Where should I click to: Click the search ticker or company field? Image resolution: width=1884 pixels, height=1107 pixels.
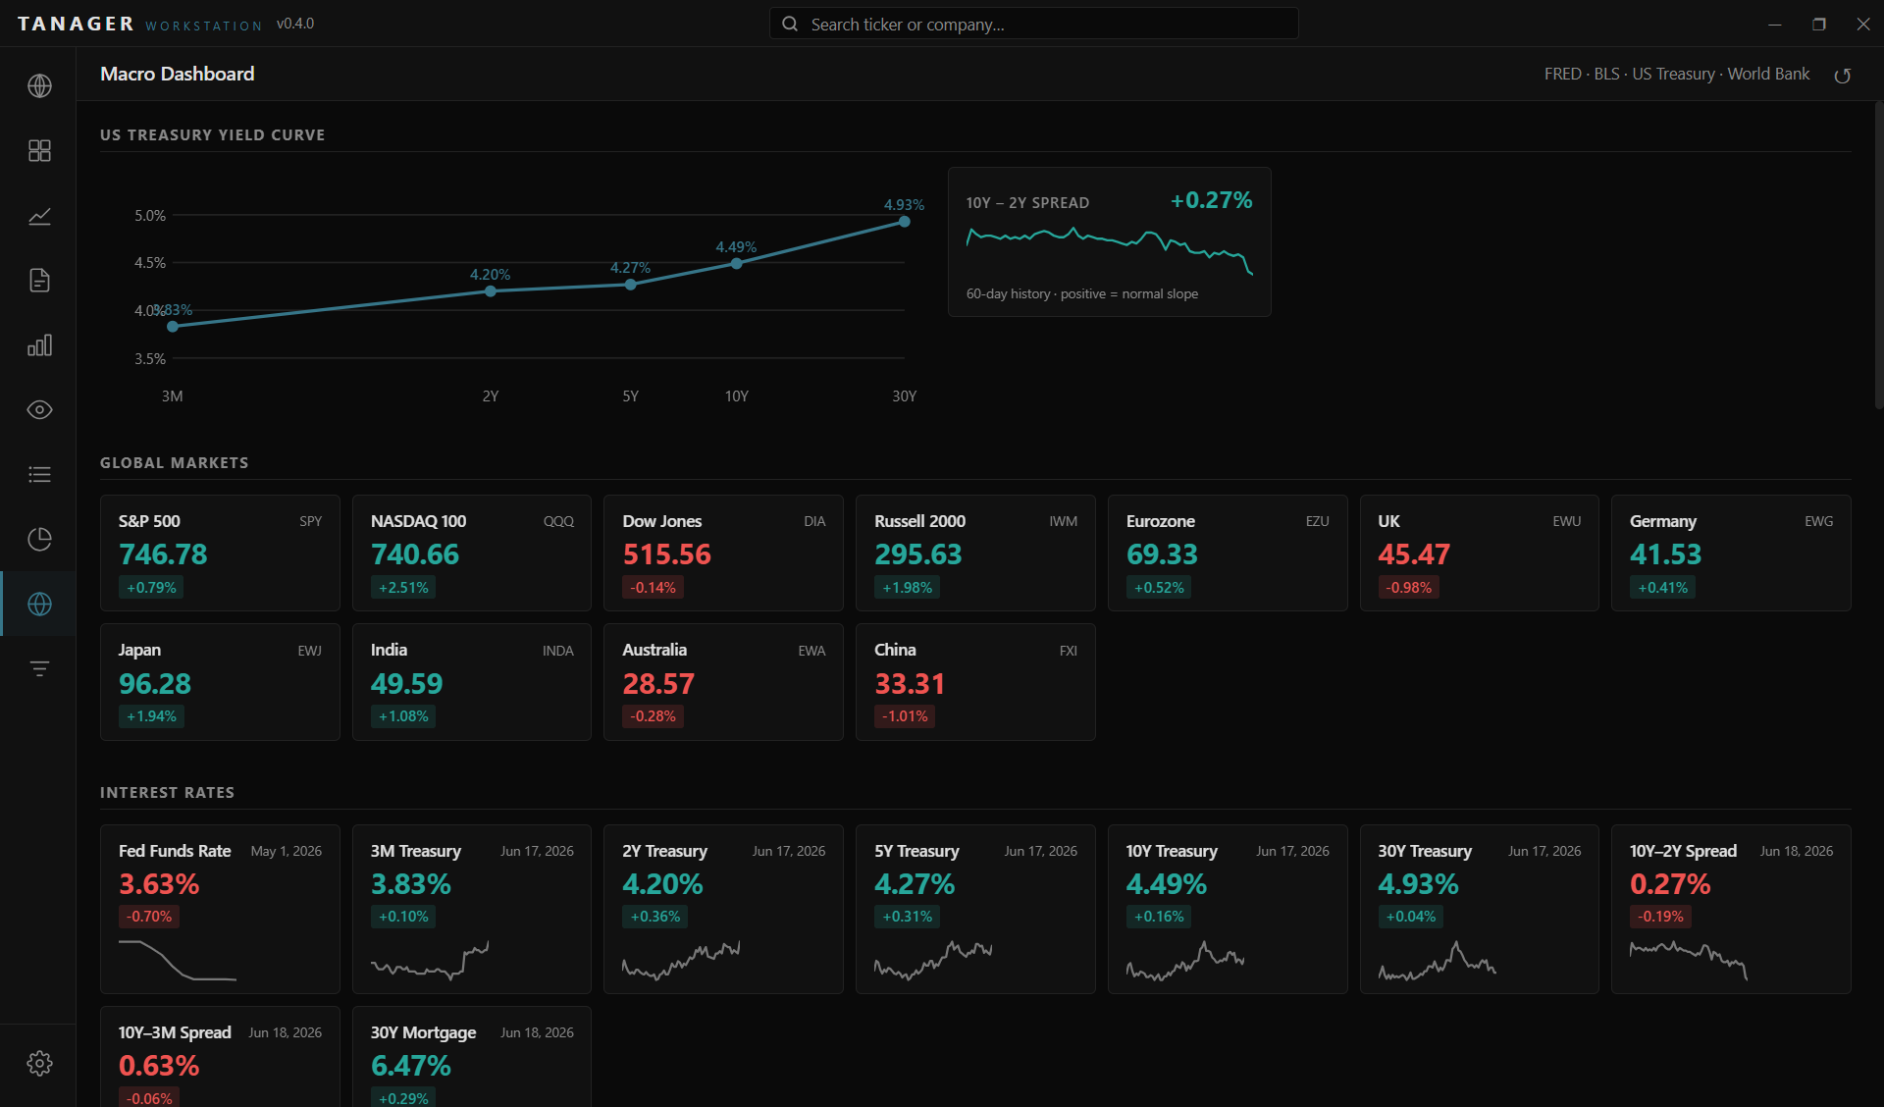pyautogui.click(x=1033, y=24)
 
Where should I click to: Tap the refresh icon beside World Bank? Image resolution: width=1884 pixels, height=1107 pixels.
pyautogui.click(x=1843, y=76)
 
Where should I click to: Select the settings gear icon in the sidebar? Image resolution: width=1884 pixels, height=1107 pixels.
pyautogui.click(x=39, y=1063)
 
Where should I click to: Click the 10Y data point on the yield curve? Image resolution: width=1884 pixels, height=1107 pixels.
pyautogui.click(x=736, y=263)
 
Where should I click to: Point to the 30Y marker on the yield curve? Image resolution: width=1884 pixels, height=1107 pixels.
pyautogui.click(x=904, y=222)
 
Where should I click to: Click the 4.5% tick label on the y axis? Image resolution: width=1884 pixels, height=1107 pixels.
pyautogui.click(x=150, y=263)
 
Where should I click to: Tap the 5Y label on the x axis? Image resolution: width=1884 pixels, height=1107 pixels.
pyautogui.click(x=630, y=396)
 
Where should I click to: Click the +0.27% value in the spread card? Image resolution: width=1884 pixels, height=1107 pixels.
pyautogui.click(x=1211, y=200)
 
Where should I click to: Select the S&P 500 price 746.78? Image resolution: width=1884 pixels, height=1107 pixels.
pyautogui.click(x=163, y=554)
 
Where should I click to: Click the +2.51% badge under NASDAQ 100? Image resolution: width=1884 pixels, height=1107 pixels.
pyautogui.click(x=404, y=588)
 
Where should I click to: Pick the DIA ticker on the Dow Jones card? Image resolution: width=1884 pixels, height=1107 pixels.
pyautogui.click(x=814, y=521)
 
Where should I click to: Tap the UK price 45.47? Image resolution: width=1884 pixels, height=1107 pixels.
pyautogui.click(x=1414, y=554)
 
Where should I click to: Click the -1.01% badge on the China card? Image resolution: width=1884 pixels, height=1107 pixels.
pyautogui.click(x=905, y=716)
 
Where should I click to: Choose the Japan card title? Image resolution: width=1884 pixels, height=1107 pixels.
pyautogui.click(x=139, y=650)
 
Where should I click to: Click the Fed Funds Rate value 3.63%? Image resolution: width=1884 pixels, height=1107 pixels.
pyautogui.click(x=159, y=884)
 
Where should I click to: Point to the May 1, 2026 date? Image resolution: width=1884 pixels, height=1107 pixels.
pyautogui.click(x=286, y=851)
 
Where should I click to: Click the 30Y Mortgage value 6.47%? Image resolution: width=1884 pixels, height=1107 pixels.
pyautogui.click(x=411, y=1066)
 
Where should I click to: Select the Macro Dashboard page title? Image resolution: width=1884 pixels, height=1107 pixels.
pyautogui.click(x=177, y=74)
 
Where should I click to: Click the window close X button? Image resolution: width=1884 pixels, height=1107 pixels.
pyautogui.click(x=1863, y=24)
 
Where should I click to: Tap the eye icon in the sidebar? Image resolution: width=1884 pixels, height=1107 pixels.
pyautogui.click(x=39, y=409)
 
